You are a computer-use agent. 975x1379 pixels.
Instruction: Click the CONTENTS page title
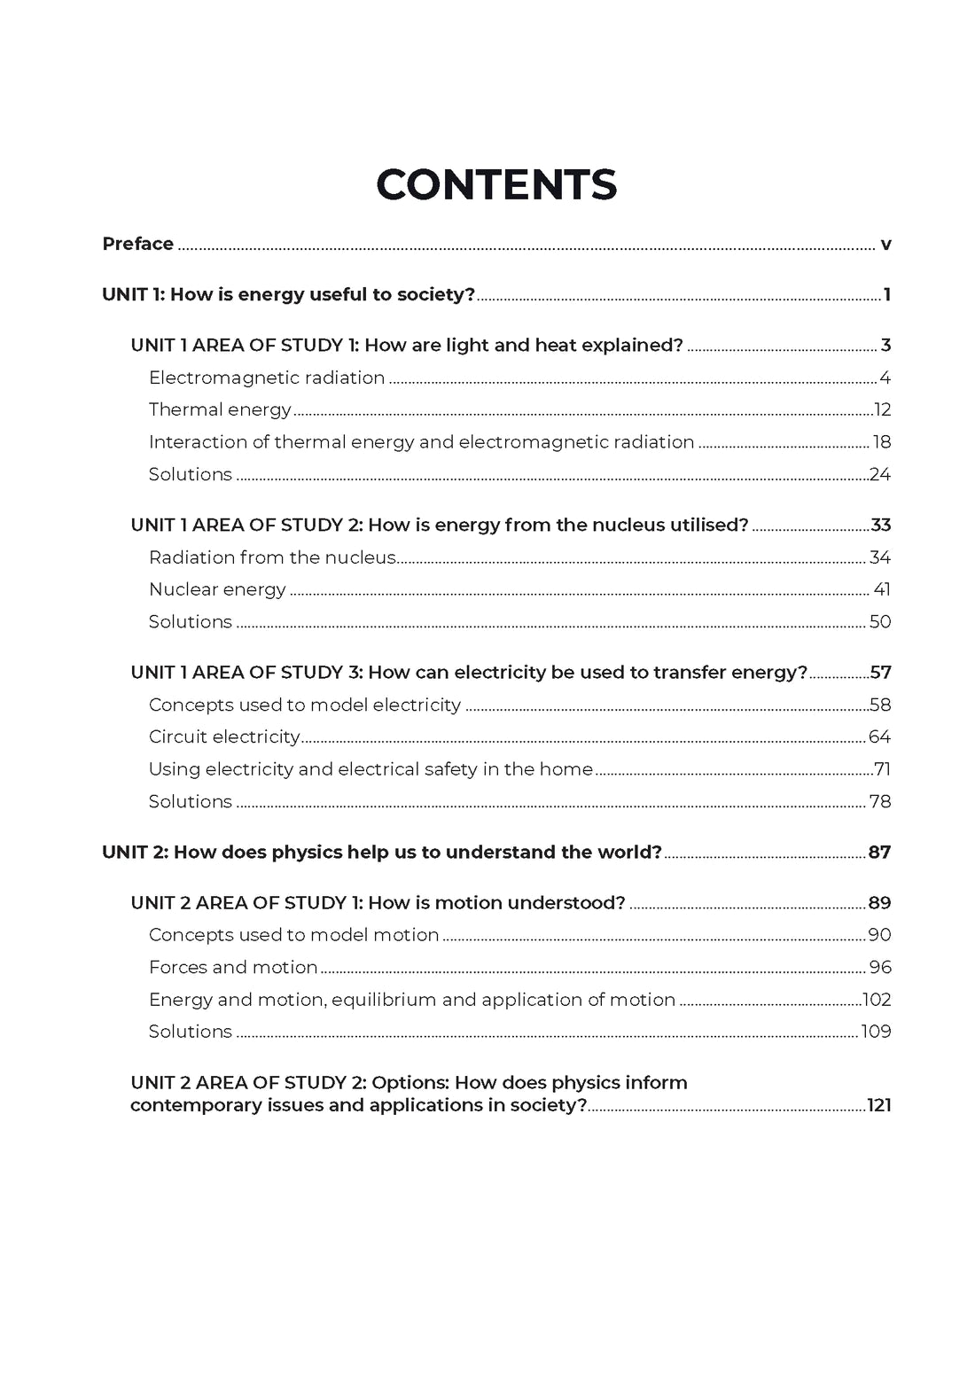pos(495,185)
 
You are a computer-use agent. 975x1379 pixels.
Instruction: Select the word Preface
pos(137,244)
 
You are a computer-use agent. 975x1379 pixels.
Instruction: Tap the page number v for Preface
pos(885,245)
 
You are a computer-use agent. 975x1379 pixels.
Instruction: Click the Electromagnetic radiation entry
pos(267,378)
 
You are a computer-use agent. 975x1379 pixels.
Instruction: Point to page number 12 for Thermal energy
pos(882,410)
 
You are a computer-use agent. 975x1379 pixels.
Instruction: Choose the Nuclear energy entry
pos(217,590)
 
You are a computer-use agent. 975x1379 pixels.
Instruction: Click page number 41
pos(882,590)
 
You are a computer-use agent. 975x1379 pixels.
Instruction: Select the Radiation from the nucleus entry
pos(272,557)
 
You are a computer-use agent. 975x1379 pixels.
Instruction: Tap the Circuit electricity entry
pos(224,737)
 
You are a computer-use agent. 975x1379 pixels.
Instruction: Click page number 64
pos(879,737)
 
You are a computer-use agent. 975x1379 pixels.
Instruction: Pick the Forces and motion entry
pos(233,968)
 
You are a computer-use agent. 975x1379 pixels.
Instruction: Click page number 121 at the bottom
pos(879,1106)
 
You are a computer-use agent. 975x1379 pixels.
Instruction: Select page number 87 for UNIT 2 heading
pos(879,853)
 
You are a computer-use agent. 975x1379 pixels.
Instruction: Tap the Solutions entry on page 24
pos(191,475)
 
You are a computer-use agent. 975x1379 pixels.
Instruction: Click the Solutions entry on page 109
pos(191,1032)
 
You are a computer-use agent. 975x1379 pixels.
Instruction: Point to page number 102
pos(877,1001)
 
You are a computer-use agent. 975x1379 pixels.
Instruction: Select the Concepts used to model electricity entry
pos(305,705)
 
